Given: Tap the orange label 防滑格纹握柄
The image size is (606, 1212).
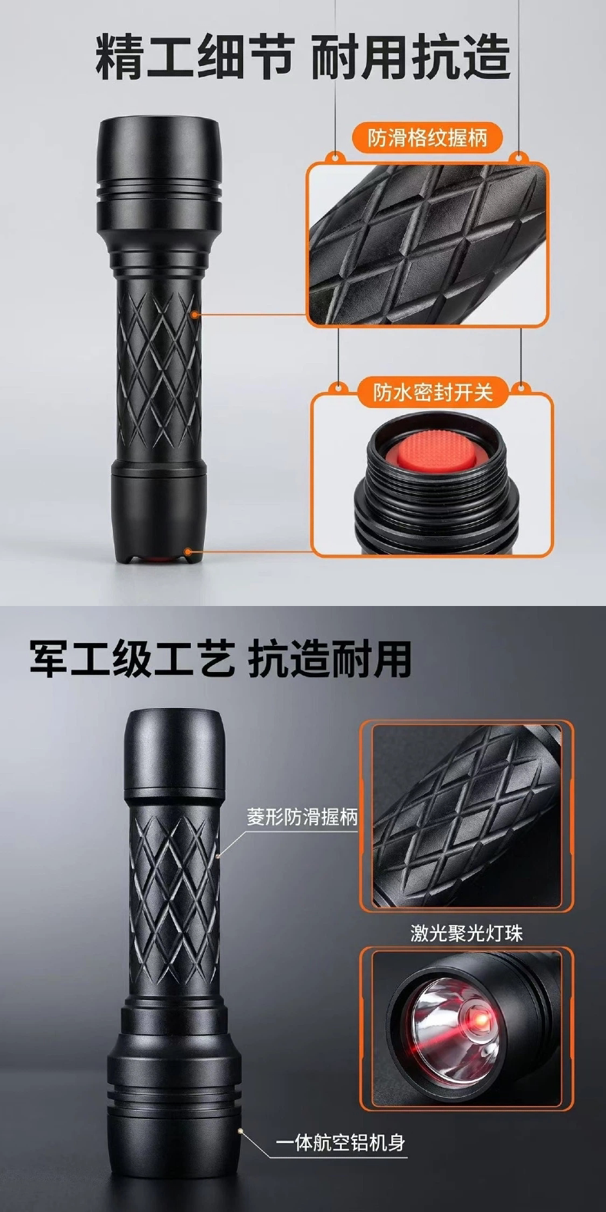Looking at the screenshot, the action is point(427,138).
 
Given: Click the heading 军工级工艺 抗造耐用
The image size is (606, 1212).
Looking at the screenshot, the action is point(220,659).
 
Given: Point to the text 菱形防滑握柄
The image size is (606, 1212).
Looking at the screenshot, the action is point(302,816).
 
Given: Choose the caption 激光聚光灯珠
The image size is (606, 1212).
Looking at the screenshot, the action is point(466,934).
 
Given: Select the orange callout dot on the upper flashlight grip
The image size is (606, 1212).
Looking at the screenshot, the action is point(194,314).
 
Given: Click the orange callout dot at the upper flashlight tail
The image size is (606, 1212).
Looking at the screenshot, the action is point(188,552).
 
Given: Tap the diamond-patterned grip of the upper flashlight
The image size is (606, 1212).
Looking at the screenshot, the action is point(158,368).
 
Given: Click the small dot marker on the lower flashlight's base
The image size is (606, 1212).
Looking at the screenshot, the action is point(240,1131).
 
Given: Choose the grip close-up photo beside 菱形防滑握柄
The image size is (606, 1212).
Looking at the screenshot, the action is point(466,818).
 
